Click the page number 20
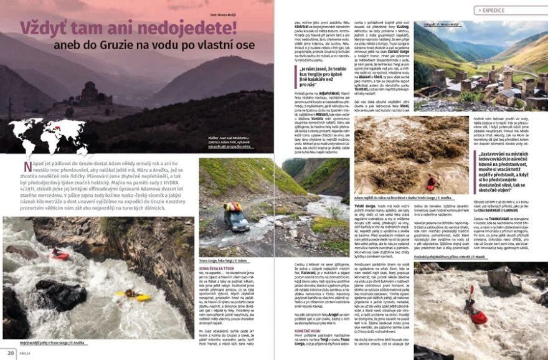point(11,353)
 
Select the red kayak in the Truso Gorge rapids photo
point(60,254)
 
